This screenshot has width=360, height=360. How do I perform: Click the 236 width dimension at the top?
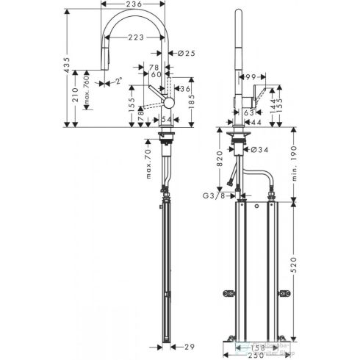point(133,6)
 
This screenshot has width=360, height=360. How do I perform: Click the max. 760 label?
point(89,90)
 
